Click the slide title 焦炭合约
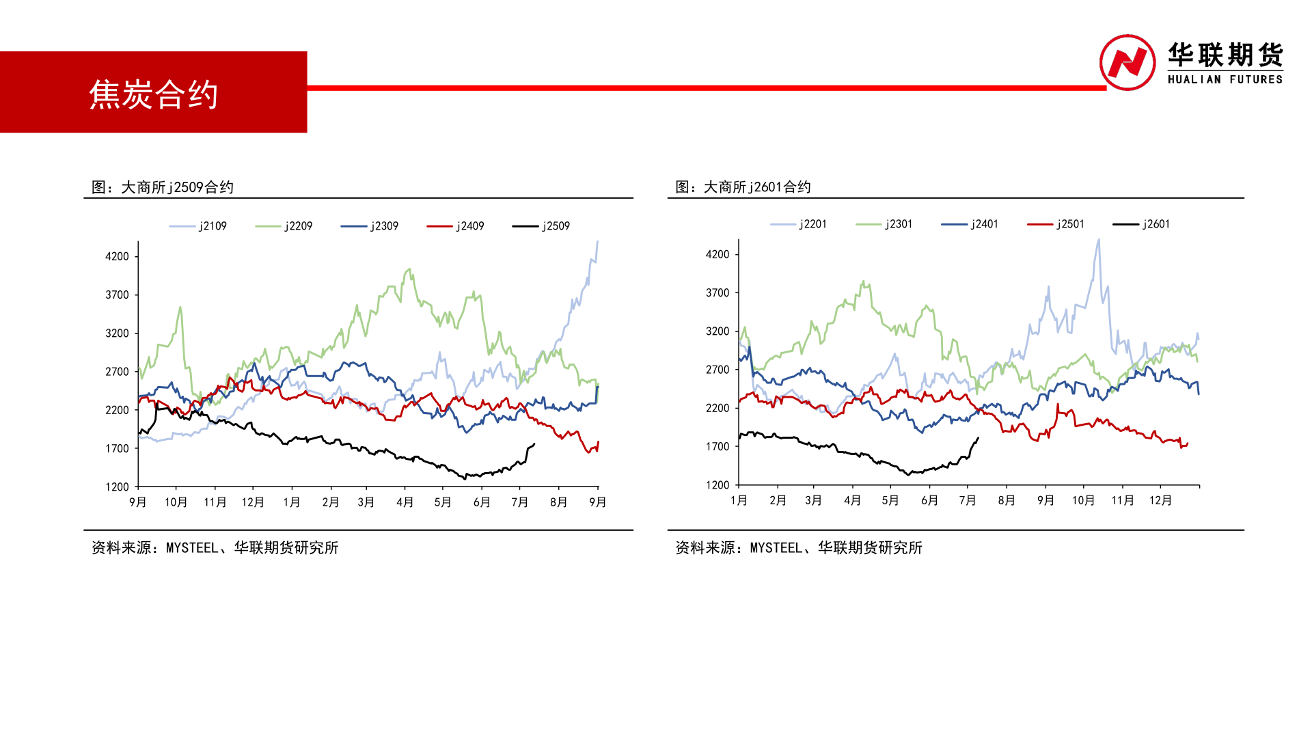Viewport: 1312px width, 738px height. [153, 94]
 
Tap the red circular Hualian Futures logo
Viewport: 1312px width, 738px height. [1127, 62]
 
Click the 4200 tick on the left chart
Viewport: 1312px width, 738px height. [117, 256]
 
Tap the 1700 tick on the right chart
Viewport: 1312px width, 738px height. [717, 446]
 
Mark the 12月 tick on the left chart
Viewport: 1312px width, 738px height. [253, 502]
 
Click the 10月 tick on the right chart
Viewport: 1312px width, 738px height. [1083, 500]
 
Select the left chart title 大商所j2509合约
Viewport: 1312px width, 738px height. [163, 187]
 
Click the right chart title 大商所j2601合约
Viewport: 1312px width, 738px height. [743, 187]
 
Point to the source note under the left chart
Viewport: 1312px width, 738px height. [215, 547]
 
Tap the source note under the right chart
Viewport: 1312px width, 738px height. [798, 547]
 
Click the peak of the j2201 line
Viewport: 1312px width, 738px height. [1098, 241]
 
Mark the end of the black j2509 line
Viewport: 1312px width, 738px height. [534, 444]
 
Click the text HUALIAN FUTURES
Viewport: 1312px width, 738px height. [1225, 79]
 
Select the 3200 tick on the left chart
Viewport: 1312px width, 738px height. [117, 333]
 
